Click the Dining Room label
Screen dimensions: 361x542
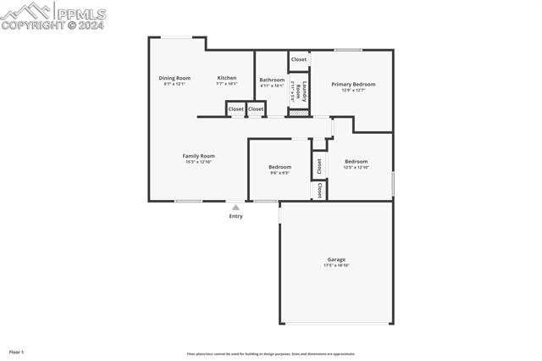[x=174, y=78]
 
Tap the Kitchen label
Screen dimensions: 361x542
[x=227, y=78]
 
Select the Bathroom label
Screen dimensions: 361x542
[x=272, y=80]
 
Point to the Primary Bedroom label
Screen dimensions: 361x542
[x=353, y=84]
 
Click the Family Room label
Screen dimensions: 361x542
[x=199, y=155]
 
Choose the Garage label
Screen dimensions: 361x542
[x=336, y=259]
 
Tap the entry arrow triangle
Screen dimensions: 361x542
[x=235, y=207]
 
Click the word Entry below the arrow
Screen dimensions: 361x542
[x=235, y=216]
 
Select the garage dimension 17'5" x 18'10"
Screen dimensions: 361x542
[x=336, y=265]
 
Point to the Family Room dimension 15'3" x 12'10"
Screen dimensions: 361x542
[x=199, y=161]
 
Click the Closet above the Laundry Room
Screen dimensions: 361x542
[x=299, y=59]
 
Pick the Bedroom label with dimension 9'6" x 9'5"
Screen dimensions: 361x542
[x=279, y=167]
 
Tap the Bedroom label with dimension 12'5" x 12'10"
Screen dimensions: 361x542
[x=356, y=161]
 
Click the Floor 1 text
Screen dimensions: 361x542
[x=16, y=352]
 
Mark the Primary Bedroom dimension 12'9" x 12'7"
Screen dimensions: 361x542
[x=353, y=90]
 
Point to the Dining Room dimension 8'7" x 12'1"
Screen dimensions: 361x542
[x=174, y=84]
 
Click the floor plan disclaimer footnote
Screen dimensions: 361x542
[x=271, y=354]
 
